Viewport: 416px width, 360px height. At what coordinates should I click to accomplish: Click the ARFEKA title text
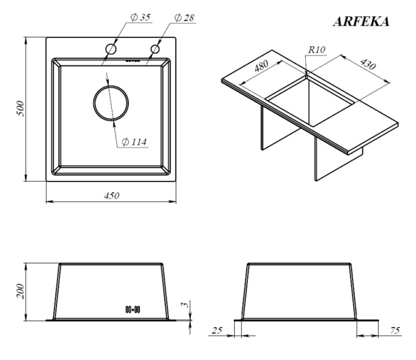[361, 21]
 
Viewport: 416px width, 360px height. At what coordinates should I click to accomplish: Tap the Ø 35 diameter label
[140, 17]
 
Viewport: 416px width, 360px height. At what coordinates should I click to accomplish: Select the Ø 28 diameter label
[184, 18]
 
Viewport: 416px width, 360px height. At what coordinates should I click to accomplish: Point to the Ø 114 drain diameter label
[134, 142]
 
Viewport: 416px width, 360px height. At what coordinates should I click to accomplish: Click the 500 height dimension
[20, 108]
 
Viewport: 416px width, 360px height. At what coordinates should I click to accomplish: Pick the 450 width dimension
[112, 196]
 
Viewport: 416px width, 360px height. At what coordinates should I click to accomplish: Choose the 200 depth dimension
[20, 292]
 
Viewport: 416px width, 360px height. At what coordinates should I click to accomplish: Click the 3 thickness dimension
[186, 304]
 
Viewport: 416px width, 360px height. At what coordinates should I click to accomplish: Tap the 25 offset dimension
[217, 330]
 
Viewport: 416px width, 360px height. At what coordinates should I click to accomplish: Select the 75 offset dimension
[395, 330]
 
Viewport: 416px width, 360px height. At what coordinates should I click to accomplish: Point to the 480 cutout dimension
[261, 66]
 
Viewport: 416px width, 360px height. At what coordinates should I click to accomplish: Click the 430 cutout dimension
[368, 64]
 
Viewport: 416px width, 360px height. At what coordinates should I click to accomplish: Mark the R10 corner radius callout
[317, 50]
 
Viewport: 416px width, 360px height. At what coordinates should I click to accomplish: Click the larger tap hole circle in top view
[111, 44]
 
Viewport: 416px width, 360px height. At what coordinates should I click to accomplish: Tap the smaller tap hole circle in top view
[155, 45]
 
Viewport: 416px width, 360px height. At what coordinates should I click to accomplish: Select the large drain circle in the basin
[111, 86]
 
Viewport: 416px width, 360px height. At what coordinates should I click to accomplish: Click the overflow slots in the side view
[133, 309]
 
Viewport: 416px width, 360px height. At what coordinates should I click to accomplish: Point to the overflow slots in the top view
[133, 61]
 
